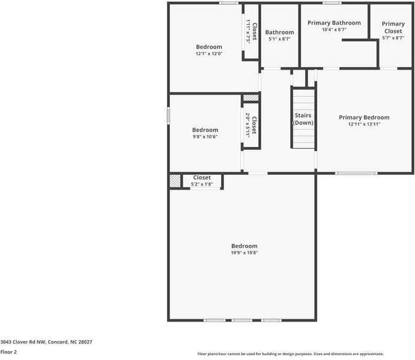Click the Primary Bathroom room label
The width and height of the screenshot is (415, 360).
click(x=334, y=23)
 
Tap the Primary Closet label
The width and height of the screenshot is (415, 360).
click(x=393, y=27)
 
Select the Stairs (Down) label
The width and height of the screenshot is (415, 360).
click(x=303, y=118)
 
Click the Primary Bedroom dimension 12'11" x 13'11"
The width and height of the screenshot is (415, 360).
click(x=364, y=124)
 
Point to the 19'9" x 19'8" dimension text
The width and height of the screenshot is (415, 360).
click(x=244, y=253)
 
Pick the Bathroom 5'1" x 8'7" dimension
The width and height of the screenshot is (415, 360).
click(x=279, y=39)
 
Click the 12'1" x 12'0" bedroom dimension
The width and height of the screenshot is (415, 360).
click(x=209, y=53)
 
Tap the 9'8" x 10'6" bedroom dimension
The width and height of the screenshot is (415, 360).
click(x=205, y=136)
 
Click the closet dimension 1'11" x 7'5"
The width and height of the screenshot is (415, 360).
click(x=248, y=31)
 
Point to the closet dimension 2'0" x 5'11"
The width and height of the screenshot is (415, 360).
click(x=247, y=125)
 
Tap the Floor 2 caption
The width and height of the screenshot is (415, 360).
click(x=8, y=352)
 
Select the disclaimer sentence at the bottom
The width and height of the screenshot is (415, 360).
click(x=291, y=354)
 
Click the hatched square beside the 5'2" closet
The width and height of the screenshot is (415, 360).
click(x=175, y=181)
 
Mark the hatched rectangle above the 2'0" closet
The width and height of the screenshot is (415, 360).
click(x=250, y=98)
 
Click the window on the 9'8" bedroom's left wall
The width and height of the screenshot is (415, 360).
click(x=169, y=116)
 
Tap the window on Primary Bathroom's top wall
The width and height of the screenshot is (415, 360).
click(x=332, y=3)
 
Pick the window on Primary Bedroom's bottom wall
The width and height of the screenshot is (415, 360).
click(x=357, y=173)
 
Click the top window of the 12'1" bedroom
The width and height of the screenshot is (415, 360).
click(x=228, y=3)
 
